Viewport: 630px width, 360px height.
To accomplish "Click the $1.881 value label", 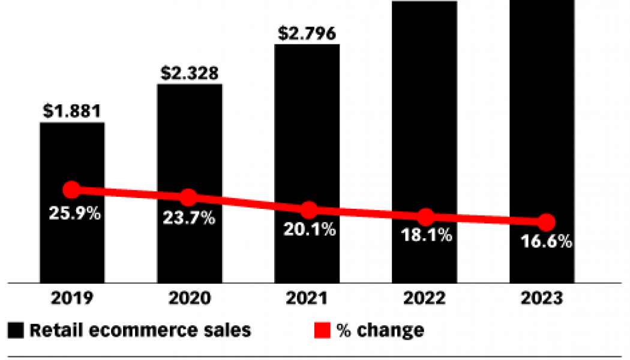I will [x=72, y=112].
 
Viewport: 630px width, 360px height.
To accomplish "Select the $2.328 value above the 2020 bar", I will [x=190, y=73].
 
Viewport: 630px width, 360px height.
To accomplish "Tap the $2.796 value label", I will [x=307, y=34].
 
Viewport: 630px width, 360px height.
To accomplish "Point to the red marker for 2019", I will [x=71, y=190].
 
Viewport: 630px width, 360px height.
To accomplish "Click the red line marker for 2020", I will [x=189, y=197].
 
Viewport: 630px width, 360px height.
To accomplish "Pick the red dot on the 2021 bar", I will [x=308, y=210].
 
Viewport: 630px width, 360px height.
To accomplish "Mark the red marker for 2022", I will [x=425, y=217].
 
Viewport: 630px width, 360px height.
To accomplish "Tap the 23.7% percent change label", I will [x=189, y=219].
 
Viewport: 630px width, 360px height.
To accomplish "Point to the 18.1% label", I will [x=426, y=236].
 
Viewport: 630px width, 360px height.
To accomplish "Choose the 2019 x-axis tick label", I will [x=72, y=298].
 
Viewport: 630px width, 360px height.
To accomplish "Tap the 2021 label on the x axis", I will [x=307, y=298].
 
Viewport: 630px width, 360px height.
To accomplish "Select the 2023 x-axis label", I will [x=543, y=298].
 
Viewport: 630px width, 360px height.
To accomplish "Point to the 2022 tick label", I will [x=425, y=298].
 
